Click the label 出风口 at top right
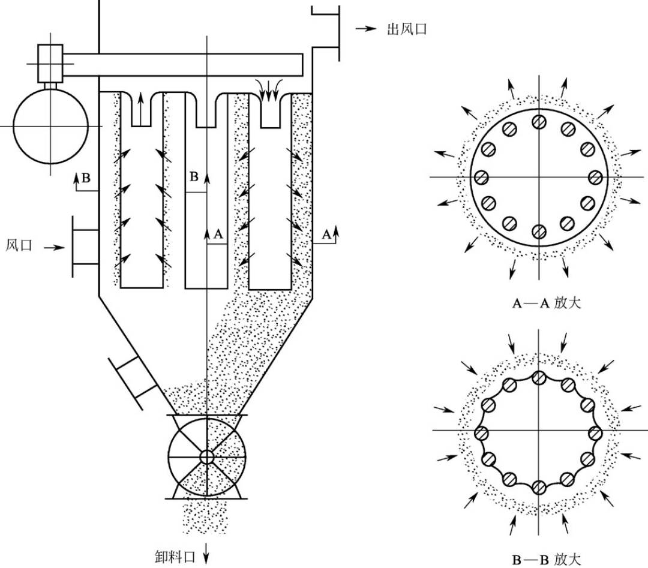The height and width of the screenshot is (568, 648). pos(407,29)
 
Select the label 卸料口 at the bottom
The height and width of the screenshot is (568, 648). pos(175,557)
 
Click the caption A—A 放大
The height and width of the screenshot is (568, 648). pos(547,303)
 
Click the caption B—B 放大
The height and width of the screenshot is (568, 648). pos(547,560)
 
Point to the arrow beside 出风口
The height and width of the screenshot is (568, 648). pos(366,29)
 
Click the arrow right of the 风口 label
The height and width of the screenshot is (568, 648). pos(55,248)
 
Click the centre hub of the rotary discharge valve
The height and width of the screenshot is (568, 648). pos(206,457)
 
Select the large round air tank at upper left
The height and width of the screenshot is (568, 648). pos(50,126)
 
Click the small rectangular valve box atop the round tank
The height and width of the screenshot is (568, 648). pos(50,63)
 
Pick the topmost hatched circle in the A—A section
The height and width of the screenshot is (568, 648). pos(539,121)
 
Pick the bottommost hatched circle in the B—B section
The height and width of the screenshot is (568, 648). pos(538,488)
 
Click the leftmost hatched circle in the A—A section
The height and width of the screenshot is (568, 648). pos(481,178)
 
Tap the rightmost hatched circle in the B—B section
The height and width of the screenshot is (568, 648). pos(595,433)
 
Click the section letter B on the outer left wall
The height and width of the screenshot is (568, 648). pos(86,178)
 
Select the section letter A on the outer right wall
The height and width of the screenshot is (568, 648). pos(326,235)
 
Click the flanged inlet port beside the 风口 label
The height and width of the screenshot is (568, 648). pos(85,247)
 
